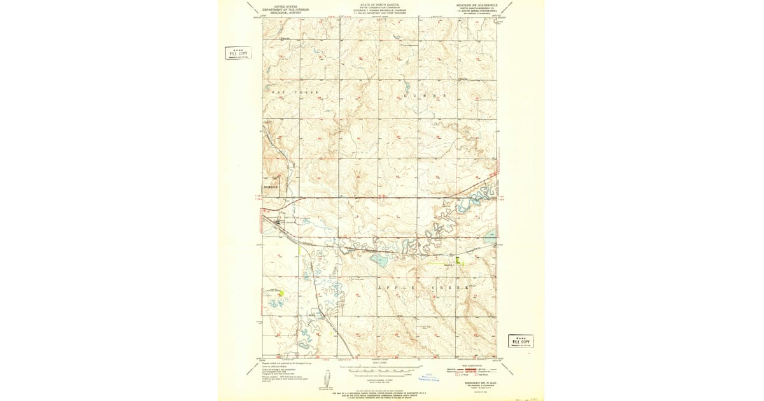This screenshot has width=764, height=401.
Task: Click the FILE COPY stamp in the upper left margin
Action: (238, 53)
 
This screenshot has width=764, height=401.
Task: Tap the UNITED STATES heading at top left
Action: (281, 6)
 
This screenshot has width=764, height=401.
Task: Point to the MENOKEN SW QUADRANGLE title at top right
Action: (474, 4)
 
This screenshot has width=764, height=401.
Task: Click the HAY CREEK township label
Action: (295, 93)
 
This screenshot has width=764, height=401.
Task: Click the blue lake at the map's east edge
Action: (490, 237)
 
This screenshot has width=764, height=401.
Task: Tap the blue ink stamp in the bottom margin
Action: (432, 377)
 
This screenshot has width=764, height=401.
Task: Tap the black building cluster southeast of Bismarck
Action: (278, 223)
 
